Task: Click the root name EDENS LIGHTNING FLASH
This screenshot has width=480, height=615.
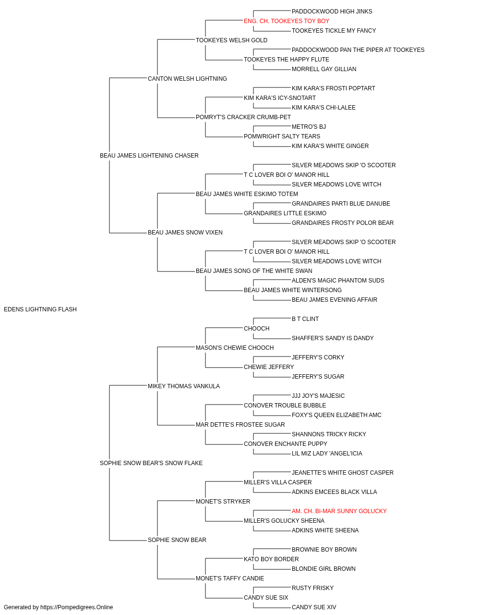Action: click(x=40, y=309)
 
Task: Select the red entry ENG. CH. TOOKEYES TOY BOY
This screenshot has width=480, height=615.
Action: click(x=287, y=21)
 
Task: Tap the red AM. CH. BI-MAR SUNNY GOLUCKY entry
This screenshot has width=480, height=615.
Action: click(x=339, y=511)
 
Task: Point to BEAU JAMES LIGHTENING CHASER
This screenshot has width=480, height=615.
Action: click(x=149, y=156)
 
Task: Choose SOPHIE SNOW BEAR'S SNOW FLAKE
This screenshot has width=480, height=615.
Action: click(x=151, y=463)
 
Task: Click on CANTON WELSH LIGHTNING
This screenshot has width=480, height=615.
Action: click(x=187, y=79)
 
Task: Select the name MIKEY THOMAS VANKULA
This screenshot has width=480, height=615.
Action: click(x=183, y=386)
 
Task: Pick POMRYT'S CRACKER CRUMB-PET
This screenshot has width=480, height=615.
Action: click(x=243, y=117)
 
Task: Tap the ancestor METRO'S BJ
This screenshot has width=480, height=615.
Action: click(x=309, y=127)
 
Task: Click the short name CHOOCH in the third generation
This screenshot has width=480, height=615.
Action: click(x=256, y=329)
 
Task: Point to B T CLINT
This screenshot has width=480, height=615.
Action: click(x=305, y=319)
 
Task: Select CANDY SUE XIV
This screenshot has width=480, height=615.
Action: click(x=314, y=607)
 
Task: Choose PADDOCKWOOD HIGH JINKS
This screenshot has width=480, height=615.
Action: click(x=332, y=12)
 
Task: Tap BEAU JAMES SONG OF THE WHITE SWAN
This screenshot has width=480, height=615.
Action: click(x=254, y=271)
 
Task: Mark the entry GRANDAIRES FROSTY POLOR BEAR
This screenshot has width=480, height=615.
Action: click(x=343, y=223)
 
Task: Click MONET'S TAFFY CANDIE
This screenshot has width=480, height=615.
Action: click(x=230, y=578)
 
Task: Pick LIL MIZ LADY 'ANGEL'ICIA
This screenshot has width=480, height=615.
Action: click(x=327, y=454)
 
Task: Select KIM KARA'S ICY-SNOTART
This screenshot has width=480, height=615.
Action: click(x=279, y=98)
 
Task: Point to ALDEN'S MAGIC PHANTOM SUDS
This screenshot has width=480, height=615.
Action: click(x=338, y=281)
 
